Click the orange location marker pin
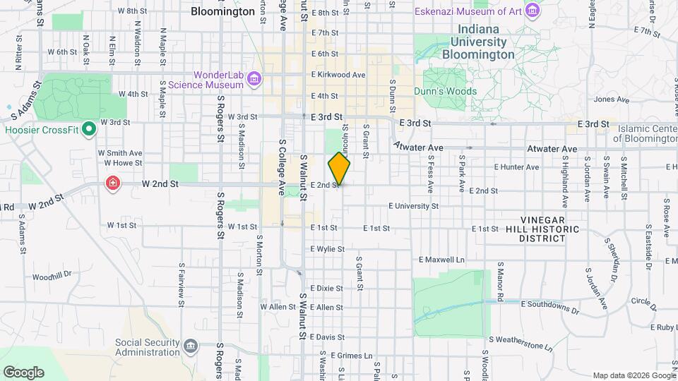[339, 168]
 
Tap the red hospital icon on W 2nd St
[112, 184]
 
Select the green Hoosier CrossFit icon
[89, 129]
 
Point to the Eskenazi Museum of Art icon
[533, 11]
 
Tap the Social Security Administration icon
[190, 346]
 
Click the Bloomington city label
[222, 12]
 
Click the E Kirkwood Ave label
[338, 75]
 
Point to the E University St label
[414, 206]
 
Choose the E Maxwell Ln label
[442, 260]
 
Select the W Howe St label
[119, 162]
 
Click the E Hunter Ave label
[516, 167]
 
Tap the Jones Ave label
[611, 99]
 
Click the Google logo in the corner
[23, 372]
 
